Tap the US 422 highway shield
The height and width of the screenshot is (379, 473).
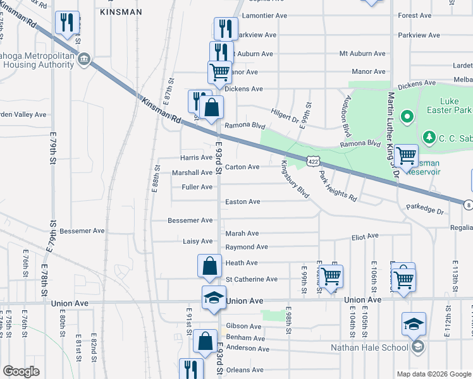314,162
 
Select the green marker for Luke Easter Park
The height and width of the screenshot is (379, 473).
407,117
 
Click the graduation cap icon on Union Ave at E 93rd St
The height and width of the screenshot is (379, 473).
214,297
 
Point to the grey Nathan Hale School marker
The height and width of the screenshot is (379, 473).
417,346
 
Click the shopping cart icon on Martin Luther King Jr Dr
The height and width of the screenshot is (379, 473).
405,154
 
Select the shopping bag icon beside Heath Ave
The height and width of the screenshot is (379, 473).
210,266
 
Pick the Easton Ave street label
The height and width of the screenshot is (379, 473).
243,202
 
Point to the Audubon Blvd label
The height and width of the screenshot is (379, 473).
347,119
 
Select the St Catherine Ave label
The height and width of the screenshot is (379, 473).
252,279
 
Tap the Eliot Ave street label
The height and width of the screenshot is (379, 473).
365,236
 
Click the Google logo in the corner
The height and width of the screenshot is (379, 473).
22,371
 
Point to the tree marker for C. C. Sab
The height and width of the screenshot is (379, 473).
429,136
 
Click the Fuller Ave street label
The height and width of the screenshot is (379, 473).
197,187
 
